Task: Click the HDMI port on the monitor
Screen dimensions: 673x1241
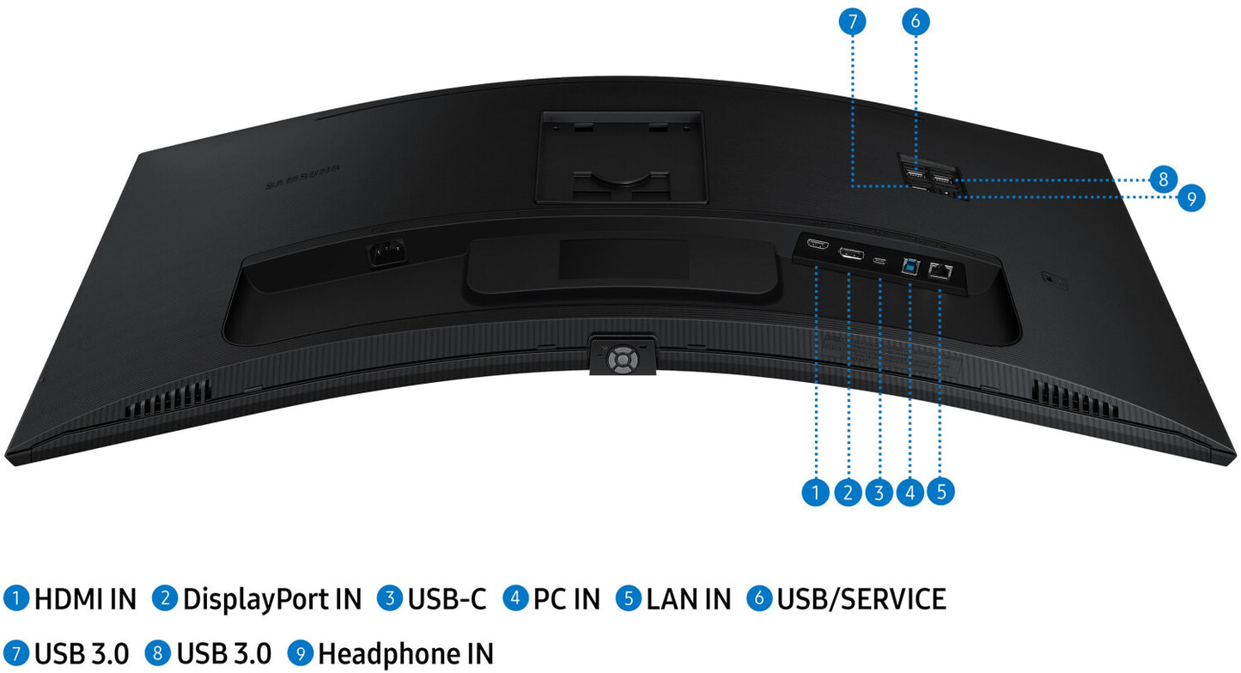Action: (x=817, y=246)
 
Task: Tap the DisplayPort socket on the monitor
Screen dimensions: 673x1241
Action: (x=850, y=254)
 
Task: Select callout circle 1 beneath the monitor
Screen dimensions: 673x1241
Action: (x=816, y=492)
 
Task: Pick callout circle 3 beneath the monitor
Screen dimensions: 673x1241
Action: (x=879, y=492)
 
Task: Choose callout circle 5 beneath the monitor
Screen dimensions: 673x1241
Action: (x=941, y=492)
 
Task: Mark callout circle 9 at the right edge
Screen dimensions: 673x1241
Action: (x=1191, y=199)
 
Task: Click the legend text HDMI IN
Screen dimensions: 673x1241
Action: (x=85, y=599)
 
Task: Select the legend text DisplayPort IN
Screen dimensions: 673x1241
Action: (x=272, y=599)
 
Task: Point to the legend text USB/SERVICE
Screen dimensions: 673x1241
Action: (x=861, y=599)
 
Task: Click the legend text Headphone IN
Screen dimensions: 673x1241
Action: (x=405, y=653)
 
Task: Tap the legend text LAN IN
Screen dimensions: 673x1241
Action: (x=688, y=599)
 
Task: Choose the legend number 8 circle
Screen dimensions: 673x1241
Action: (x=158, y=653)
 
